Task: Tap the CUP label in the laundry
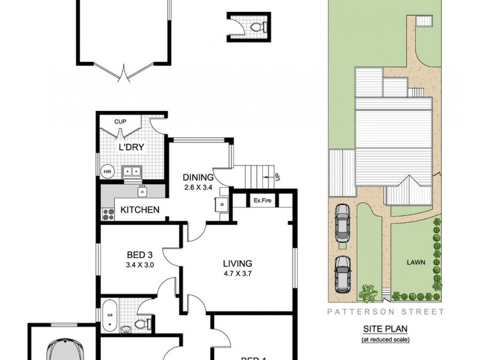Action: pos(120,122)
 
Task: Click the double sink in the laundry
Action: pos(131,172)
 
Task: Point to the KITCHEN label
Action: pos(140,209)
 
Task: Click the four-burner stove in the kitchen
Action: pos(109,212)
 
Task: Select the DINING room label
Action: pos(198,177)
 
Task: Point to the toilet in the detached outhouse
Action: pos(257,27)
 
